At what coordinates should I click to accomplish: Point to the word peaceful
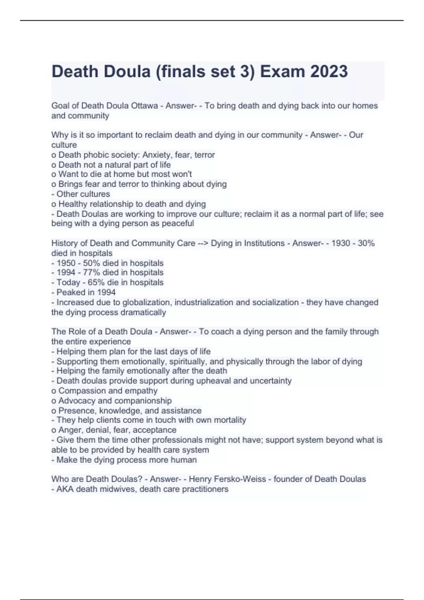178,223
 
